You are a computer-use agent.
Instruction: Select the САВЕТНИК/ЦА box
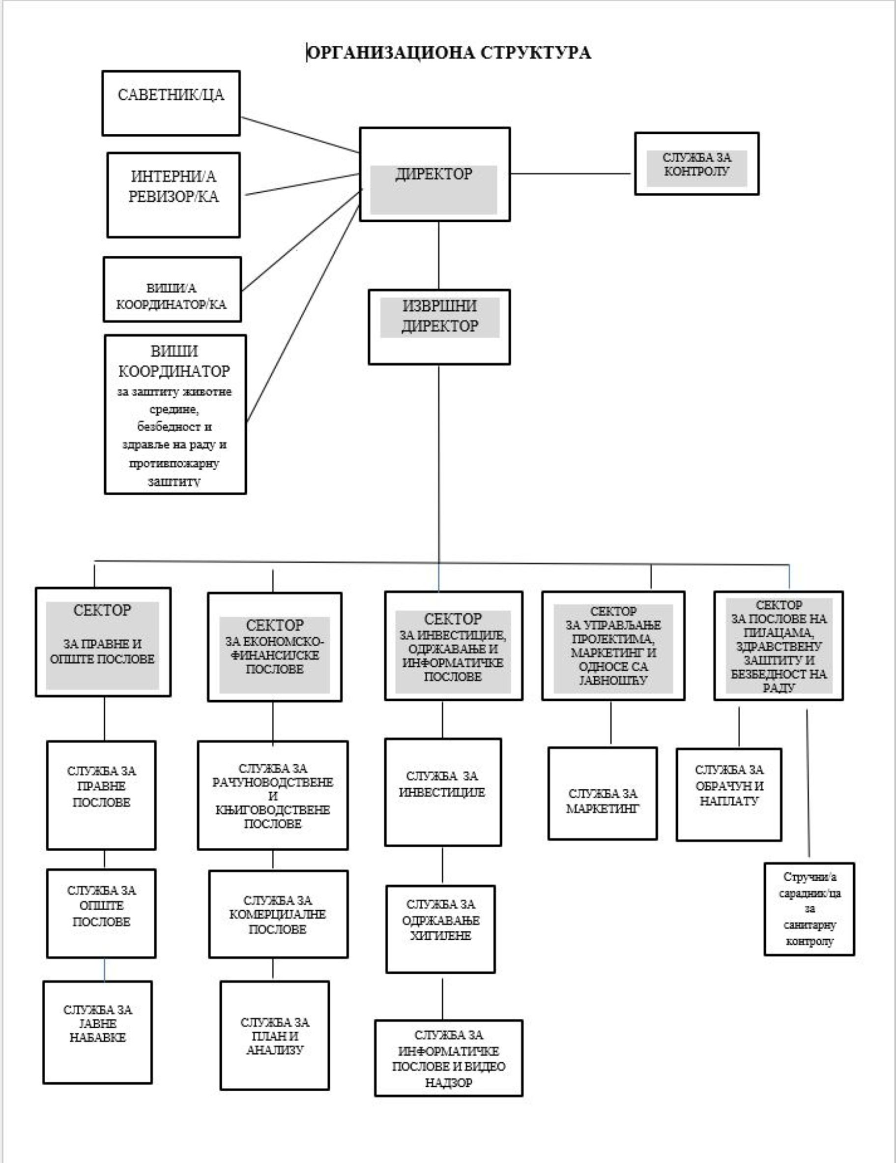tap(171, 103)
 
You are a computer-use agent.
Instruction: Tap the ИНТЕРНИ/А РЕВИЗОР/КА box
tap(173, 195)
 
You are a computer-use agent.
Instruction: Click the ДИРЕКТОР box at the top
tap(434, 174)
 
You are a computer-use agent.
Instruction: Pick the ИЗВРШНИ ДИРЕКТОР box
tap(439, 327)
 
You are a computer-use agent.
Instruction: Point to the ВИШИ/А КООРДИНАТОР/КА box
tap(172, 290)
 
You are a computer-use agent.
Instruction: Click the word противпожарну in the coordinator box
tap(173, 463)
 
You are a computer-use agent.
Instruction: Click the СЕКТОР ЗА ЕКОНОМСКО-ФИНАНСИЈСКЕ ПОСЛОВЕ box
tap(274, 647)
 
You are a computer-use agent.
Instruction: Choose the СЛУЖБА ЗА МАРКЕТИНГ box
tap(603, 793)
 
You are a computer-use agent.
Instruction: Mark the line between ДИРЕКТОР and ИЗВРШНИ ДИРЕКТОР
tap(439, 256)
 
